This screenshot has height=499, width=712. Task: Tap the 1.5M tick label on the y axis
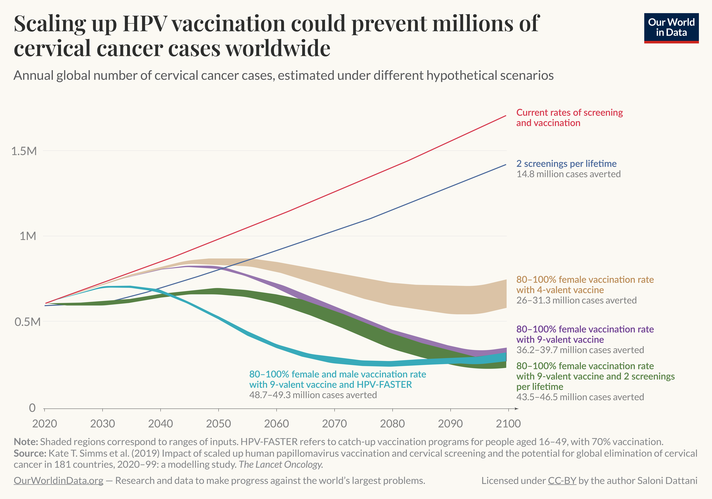24,151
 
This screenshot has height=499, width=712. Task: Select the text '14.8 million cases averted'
568,174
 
